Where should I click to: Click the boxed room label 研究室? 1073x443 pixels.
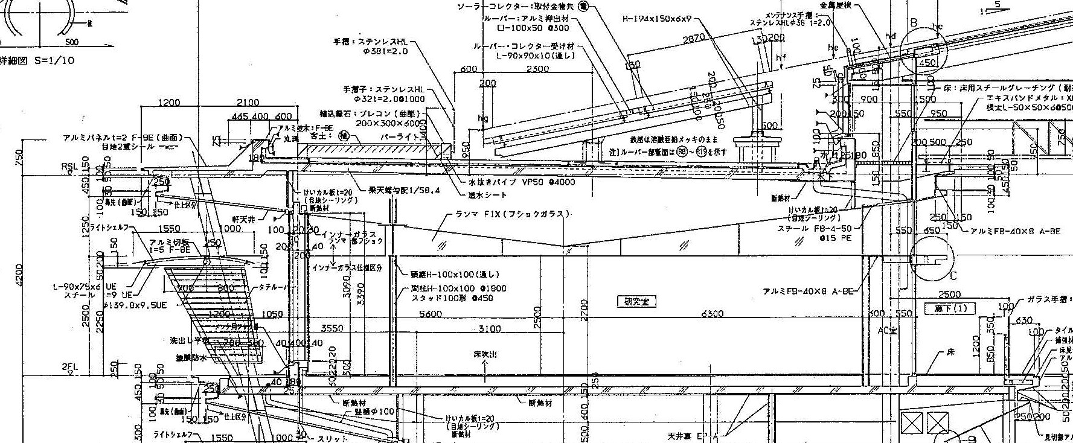coord(636,301)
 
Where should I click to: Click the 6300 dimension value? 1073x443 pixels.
coord(713,314)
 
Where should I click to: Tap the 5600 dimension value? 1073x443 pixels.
coord(430,314)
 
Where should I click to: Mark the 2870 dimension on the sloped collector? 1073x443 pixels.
coord(694,39)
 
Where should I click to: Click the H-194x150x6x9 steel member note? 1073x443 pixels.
coord(656,19)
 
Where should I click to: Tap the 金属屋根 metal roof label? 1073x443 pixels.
coord(836,4)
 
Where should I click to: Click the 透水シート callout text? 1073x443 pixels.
coord(487,195)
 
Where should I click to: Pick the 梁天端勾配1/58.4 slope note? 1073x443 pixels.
coord(405,190)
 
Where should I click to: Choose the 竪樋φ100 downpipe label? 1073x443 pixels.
coord(374,412)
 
